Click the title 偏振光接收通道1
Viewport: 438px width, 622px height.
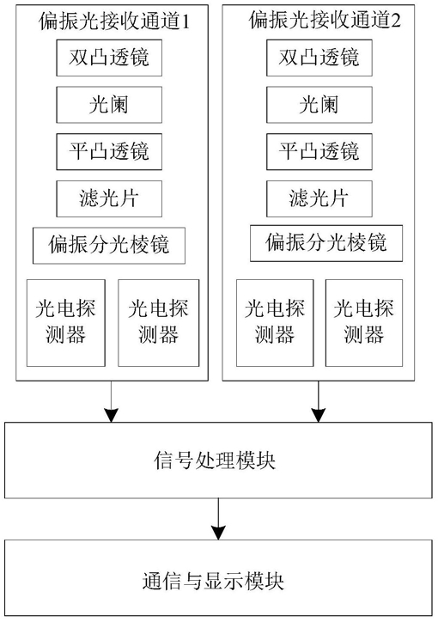tap(114, 21)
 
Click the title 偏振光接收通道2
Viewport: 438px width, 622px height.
tap(325, 20)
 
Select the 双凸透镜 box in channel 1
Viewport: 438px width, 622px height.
tap(109, 58)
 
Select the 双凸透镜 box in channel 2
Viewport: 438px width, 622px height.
tap(319, 58)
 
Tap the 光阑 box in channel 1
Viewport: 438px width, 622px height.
tap(109, 105)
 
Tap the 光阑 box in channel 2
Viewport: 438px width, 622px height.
tap(319, 105)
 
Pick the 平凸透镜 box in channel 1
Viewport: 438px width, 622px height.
tap(109, 152)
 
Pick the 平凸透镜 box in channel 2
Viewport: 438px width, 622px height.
tap(319, 152)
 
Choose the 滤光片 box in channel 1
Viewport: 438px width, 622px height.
tap(109, 198)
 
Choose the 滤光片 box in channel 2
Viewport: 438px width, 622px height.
tap(319, 198)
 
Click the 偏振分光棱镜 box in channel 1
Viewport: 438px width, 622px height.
tap(109, 246)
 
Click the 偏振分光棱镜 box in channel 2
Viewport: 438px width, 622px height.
tap(326, 243)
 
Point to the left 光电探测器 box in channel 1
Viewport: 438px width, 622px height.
tap(66, 323)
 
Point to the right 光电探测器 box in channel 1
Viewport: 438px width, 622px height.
tap(159, 323)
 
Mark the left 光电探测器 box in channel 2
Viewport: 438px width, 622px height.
tap(275, 323)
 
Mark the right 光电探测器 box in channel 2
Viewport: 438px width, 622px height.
tap(364, 323)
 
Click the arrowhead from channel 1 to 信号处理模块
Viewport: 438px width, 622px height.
tap(111, 415)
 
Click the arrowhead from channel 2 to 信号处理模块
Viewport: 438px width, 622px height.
tap(319, 415)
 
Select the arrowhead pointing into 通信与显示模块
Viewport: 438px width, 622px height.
tap(218, 533)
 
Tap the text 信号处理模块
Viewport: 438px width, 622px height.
tap(215, 460)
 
